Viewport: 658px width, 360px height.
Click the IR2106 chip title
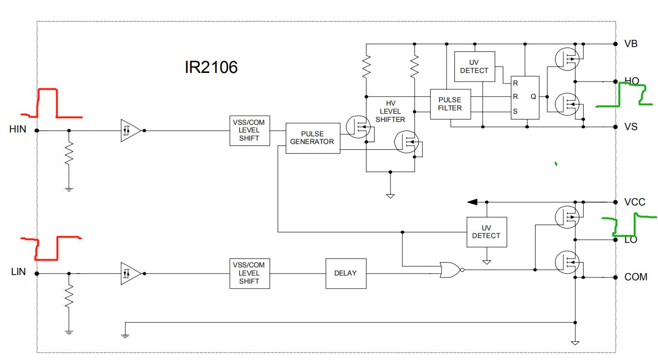[x=211, y=68]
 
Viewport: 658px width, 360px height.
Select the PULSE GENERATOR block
[x=313, y=138]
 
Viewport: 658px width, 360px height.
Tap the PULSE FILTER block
[x=450, y=104]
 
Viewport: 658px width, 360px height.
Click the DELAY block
[x=345, y=273]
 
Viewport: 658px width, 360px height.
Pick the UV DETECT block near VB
[x=474, y=66]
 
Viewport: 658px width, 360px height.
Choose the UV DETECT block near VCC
[x=486, y=232]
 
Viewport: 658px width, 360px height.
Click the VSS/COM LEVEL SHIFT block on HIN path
[x=249, y=131]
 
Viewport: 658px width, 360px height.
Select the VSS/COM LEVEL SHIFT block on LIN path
[x=249, y=273]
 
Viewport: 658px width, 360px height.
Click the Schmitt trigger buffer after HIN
[x=130, y=131]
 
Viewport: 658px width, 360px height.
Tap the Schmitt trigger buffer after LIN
[x=130, y=273]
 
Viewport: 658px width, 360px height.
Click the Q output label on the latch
[x=533, y=96]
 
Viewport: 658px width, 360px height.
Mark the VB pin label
[x=631, y=44]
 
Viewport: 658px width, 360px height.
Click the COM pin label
[x=635, y=277]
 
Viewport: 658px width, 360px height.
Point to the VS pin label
[x=631, y=127]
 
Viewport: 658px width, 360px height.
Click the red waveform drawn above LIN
[x=48, y=248]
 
